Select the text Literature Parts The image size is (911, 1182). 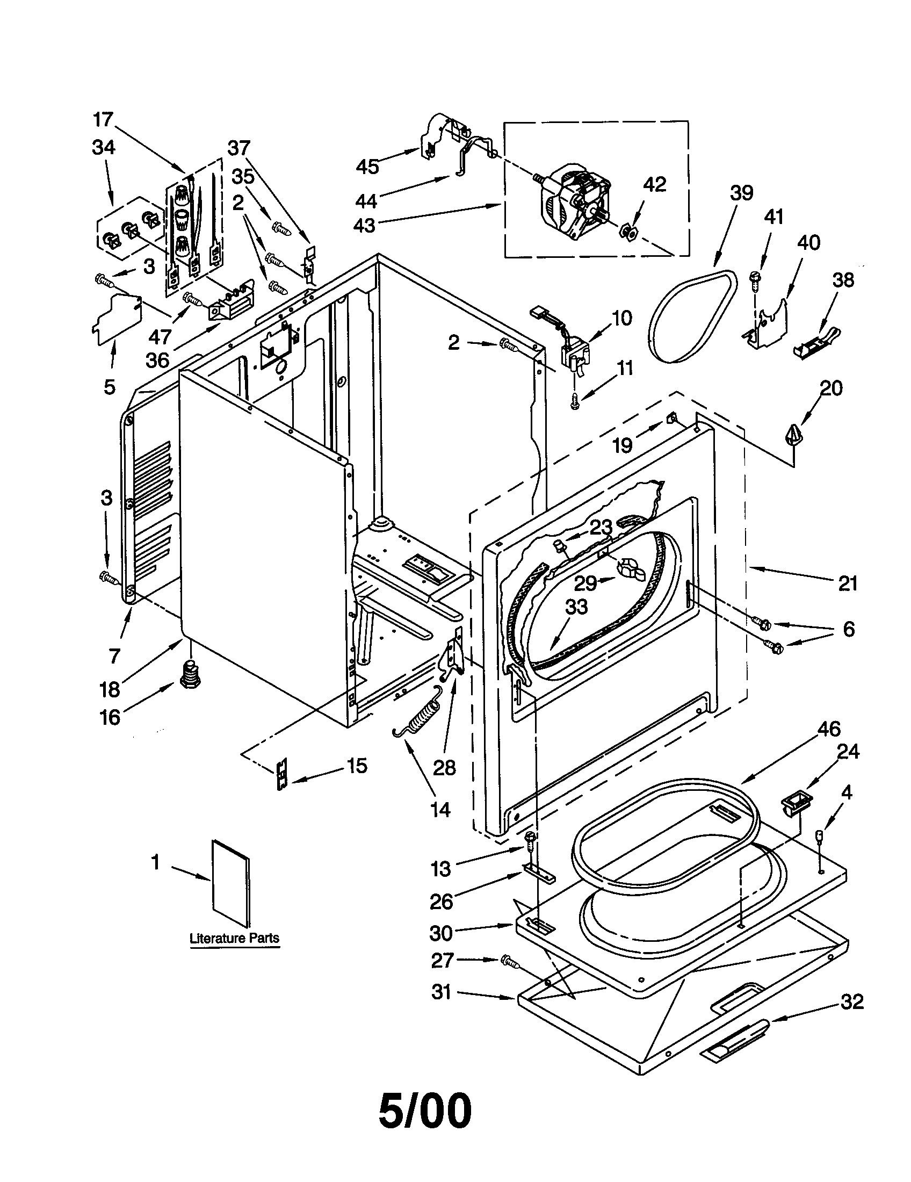coord(234,938)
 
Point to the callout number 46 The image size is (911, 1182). coord(828,729)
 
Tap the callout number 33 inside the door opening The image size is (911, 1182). coord(576,607)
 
